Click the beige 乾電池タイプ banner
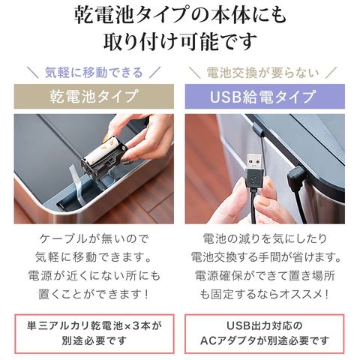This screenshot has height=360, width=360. [94, 97]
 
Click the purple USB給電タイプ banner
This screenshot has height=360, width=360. [265, 97]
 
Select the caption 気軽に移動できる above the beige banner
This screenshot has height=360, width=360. [94, 73]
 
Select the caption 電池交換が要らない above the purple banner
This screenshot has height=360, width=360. [263, 73]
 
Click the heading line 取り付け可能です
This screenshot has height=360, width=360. [180, 41]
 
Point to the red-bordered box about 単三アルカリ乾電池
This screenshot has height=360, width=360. [94, 334]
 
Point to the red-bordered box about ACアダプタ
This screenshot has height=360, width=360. [265, 334]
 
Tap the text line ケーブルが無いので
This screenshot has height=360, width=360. [94, 239]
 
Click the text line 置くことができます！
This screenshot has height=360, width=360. [94, 295]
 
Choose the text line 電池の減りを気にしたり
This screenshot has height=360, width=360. [265, 239]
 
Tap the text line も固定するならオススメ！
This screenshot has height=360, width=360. [265, 295]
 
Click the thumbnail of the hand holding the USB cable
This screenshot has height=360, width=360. [265, 169]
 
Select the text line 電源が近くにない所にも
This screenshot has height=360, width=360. [94, 276]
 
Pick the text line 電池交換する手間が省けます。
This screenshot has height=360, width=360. [266, 257]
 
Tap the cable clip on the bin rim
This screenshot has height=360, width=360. [258, 130]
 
